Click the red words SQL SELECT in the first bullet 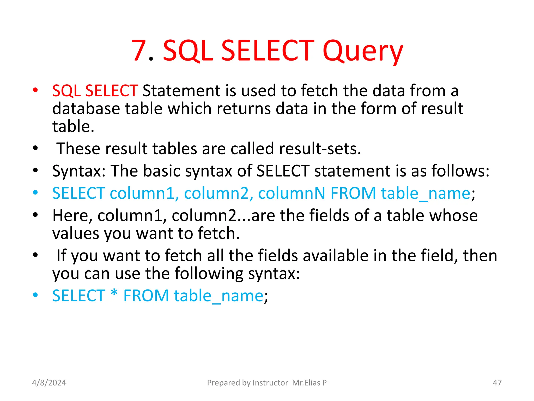pyautogui.click(x=95, y=91)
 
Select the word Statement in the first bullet pyautogui.click(x=181, y=91)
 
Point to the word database pyautogui.click(x=86, y=109)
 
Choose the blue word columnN pyautogui.click(x=292, y=193)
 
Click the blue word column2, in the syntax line pyautogui.click(x=219, y=193)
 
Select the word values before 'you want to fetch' pyautogui.click(x=76, y=233)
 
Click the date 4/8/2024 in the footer pyautogui.click(x=49, y=383)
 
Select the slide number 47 pyautogui.click(x=497, y=383)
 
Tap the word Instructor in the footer pyautogui.click(x=270, y=383)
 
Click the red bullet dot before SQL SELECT pyautogui.click(x=35, y=91)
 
